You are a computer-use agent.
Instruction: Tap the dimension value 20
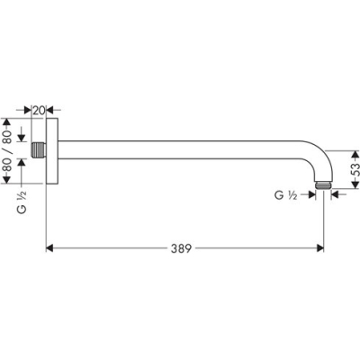click(39, 109)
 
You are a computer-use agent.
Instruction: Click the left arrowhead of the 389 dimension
click(50, 246)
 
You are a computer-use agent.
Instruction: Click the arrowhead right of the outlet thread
click(336, 193)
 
